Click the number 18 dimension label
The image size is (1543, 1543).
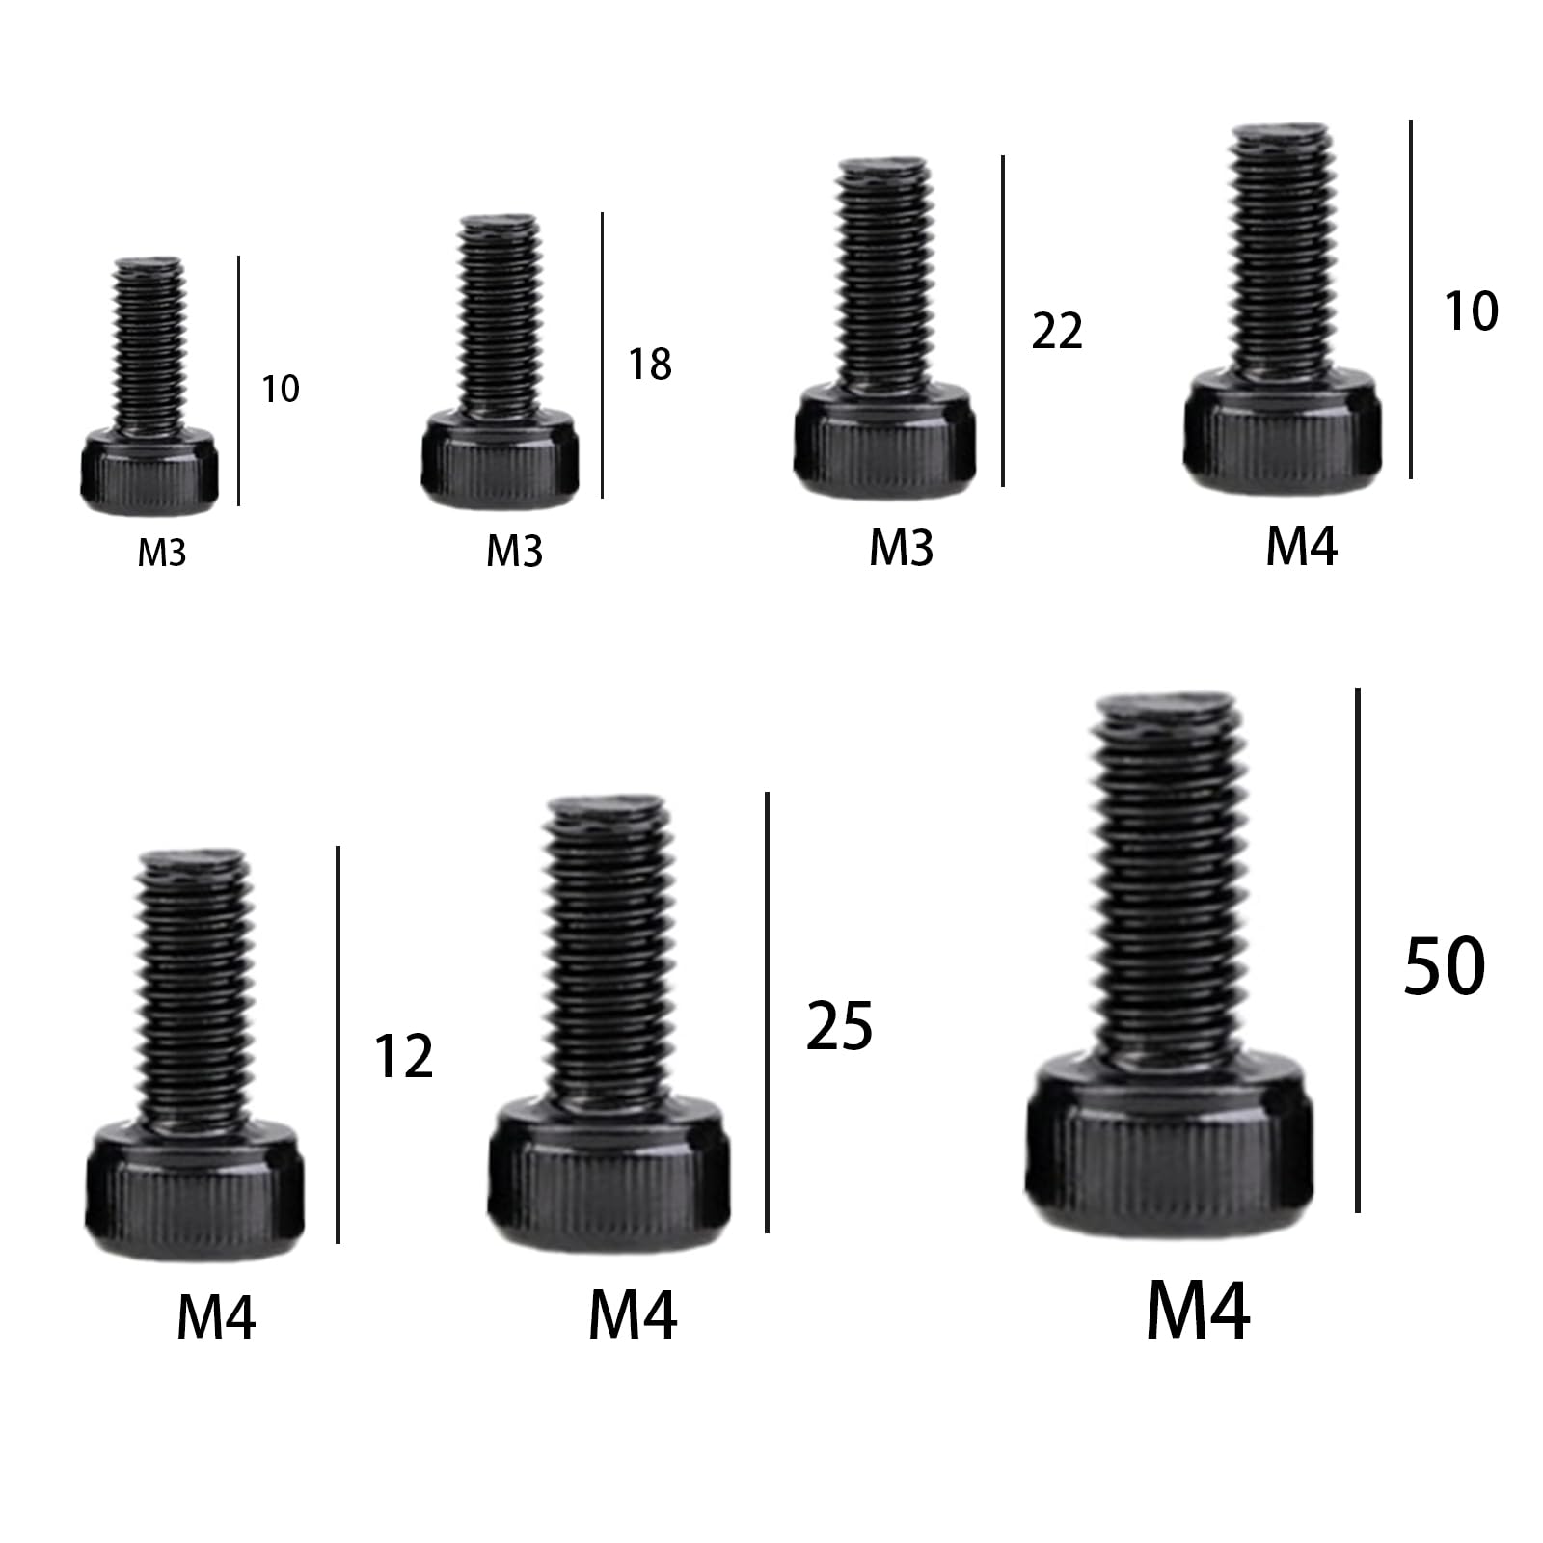point(650,365)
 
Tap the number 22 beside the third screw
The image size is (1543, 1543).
point(1057,331)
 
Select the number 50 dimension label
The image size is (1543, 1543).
point(1444,966)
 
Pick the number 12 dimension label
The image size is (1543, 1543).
point(403,1056)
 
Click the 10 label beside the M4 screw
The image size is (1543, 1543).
point(1471,311)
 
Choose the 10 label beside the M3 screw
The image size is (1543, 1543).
point(281,389)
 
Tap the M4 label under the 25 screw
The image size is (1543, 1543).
point(633,1313)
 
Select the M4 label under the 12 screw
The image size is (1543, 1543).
point(216,1317)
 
